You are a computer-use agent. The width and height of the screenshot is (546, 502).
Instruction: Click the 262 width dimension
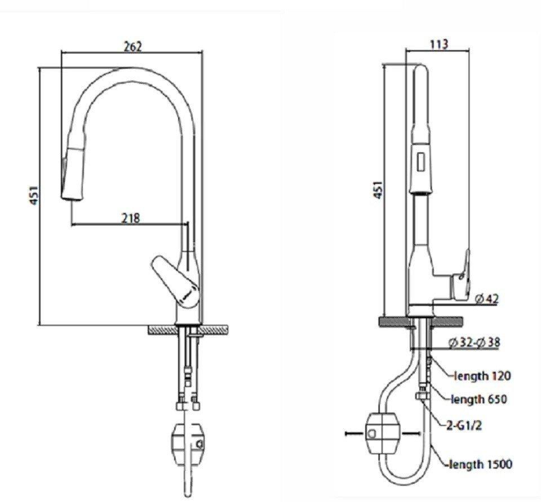pyautogui.click(x=132, y=46)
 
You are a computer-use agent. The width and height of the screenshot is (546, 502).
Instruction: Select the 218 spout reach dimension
pyautogui.click(x=130, y=217)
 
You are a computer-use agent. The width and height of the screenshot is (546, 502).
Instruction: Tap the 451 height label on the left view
pyautogui.click(x=34, y=195)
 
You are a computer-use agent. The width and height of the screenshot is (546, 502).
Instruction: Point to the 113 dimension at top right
pyautogui.click(x=438, y=45)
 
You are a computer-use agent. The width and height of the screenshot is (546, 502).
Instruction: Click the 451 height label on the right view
pyautogui.click(x=379, y=190)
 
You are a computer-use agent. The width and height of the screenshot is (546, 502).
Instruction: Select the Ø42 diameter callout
pyautogui.click(x=486, y=299)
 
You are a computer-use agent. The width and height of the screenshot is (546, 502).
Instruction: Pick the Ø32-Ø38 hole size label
pyautogui.click(x=474, y=341)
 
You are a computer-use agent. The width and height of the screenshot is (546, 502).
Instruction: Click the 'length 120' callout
pyautogui.click(x=483, y=375)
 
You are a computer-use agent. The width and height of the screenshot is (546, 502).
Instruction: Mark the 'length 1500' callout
pyautogui.click(x=480, y=464)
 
